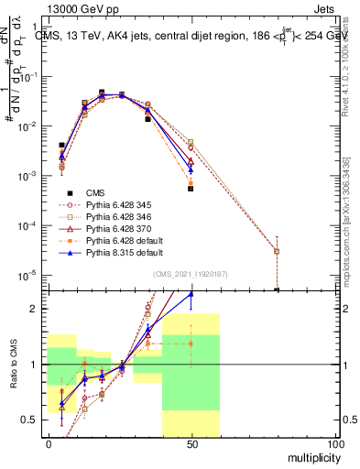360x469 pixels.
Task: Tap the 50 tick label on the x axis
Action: pos(191,443)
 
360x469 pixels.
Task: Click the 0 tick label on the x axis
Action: pos(49,443)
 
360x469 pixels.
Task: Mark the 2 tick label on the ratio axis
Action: pos(38,309)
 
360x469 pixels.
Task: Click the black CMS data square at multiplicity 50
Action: pos(191,189)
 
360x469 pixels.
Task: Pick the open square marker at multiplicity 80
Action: pos(277,251)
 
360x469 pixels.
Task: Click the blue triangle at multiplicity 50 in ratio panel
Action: pos(191,294)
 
